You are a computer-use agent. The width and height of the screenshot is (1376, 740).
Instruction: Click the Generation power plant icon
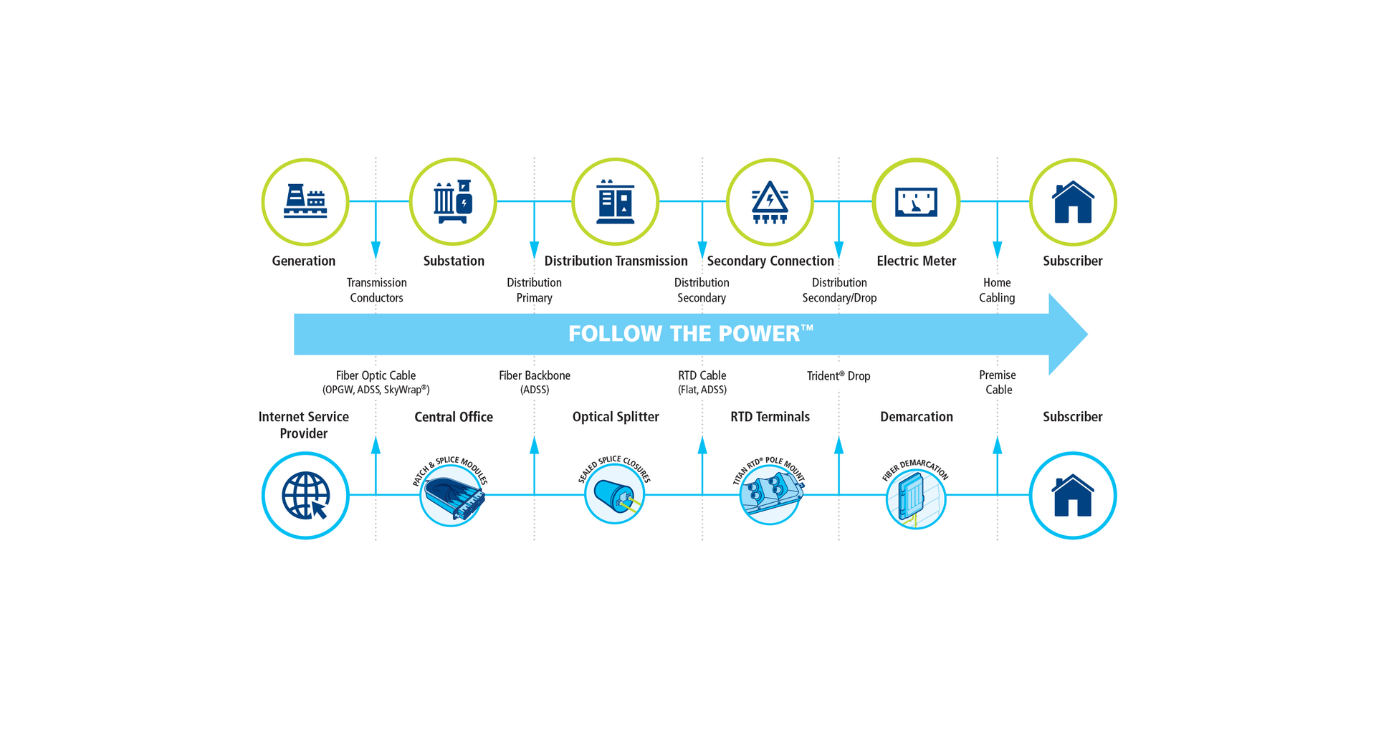pyautogui.click(x=305, y=201)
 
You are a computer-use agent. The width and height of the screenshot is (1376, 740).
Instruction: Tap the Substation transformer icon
pyautogui.click(x=453, y=201)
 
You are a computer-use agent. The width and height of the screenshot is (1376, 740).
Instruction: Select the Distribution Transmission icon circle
pyautogui.click(x=616, y=201)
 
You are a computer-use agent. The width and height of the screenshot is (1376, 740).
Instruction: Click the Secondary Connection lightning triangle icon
pyautogui.click(x=770, y=201)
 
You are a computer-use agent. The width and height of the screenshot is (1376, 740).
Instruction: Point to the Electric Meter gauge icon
pyautogui.click(x=916, y=201)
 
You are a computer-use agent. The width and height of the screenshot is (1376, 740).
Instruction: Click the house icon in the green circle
pyautogui.click(x=1073, y=201)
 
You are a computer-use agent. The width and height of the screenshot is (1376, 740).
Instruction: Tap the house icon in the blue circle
pyautogui.click(x=1073, y=495)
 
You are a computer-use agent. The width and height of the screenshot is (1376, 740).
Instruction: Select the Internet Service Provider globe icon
pyautogui.click(x=305, y=495)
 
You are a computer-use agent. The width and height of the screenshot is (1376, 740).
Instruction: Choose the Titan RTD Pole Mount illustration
pyautogui.click(x=770, y=494)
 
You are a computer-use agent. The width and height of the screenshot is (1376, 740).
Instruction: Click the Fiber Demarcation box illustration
pyautogui.click(x=916, y=499)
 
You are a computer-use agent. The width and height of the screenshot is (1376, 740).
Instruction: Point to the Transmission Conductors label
pyautogui.click(x=377, y=290)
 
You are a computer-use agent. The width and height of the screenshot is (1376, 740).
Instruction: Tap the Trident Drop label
pyautogui.click(x=838, y=376)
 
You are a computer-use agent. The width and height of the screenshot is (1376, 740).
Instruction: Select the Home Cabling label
pyautogui.click(x=997, y=290)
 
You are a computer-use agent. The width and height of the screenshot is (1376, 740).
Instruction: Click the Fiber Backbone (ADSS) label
pyautogui.click(x=535, y=382)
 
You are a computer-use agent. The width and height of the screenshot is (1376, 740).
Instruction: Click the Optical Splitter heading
pyautogui.click(x=616, y=417)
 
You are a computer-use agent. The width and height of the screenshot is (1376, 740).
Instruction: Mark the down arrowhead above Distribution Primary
pyautogui.click(x=534, y=250)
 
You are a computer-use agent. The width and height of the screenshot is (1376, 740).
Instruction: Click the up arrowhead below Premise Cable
pyautogui.click(x=997, y=446)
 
